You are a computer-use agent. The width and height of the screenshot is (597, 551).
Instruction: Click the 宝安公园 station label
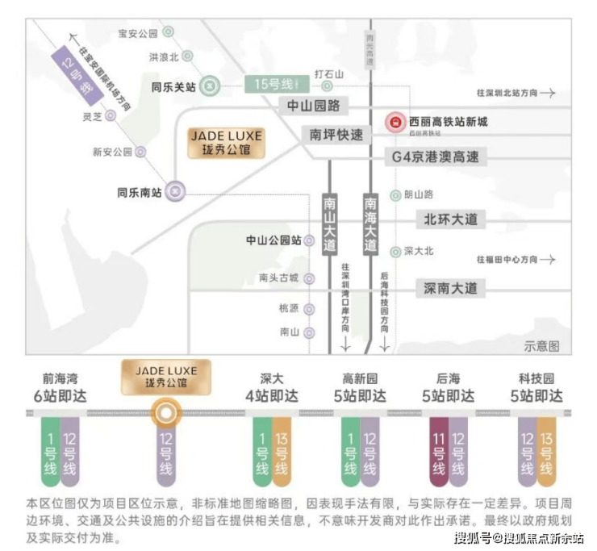coord(137,33)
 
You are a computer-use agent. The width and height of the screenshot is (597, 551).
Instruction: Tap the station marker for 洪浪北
coord(186,56)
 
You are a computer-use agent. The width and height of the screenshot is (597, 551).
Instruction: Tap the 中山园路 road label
coord(313,106)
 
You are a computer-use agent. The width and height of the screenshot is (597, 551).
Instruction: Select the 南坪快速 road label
coord(336,135)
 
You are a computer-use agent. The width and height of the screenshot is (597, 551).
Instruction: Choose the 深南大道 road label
coord(450,288)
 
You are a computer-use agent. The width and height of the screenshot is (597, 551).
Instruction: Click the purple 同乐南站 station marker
coord(178,192)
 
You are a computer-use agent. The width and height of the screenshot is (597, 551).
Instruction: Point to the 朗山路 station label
coord(419,194)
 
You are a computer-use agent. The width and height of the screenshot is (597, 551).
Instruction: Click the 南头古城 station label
coord(278,278)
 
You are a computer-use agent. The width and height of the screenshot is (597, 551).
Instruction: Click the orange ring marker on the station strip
coord(165,414)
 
